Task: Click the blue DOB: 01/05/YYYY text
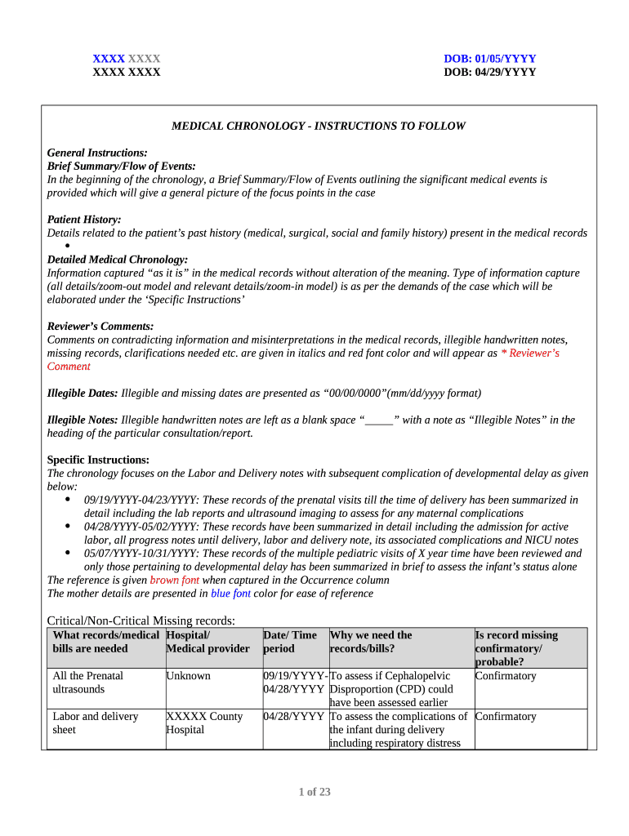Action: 489,59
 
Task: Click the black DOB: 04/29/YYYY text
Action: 489,72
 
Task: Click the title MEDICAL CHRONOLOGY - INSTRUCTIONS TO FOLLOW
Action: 318,127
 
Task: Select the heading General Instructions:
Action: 97,153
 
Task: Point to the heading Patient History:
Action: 84,220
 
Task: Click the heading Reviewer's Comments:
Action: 100,327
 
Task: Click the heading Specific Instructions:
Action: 98,460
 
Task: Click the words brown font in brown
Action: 174,580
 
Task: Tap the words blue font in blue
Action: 230,594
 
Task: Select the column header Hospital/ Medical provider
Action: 207,642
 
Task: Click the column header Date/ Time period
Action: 290,642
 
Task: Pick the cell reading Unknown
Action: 188,676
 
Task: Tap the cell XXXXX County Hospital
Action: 204,723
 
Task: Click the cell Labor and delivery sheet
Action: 95,723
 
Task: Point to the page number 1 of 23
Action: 314,792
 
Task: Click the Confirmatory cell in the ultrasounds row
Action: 505,676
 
